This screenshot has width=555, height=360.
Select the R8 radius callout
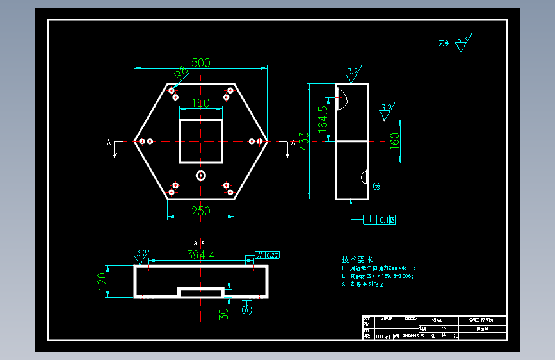181,72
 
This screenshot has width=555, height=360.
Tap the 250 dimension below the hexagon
201,211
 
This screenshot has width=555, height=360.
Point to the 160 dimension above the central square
200,104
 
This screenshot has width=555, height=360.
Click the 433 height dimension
305,141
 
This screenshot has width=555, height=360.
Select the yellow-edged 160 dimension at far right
394,139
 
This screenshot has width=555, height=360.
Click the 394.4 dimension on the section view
200,255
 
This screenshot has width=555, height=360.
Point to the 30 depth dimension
223,313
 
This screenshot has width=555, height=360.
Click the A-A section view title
200,243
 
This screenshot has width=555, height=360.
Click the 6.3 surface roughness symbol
462,43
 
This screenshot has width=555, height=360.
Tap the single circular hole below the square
201,175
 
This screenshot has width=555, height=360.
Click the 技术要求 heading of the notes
360,259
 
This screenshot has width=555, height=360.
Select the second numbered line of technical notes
378,276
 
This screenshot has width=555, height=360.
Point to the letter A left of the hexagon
108,142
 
